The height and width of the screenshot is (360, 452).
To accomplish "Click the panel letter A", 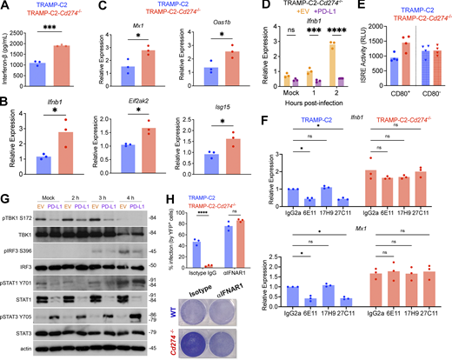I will [5, 6].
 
